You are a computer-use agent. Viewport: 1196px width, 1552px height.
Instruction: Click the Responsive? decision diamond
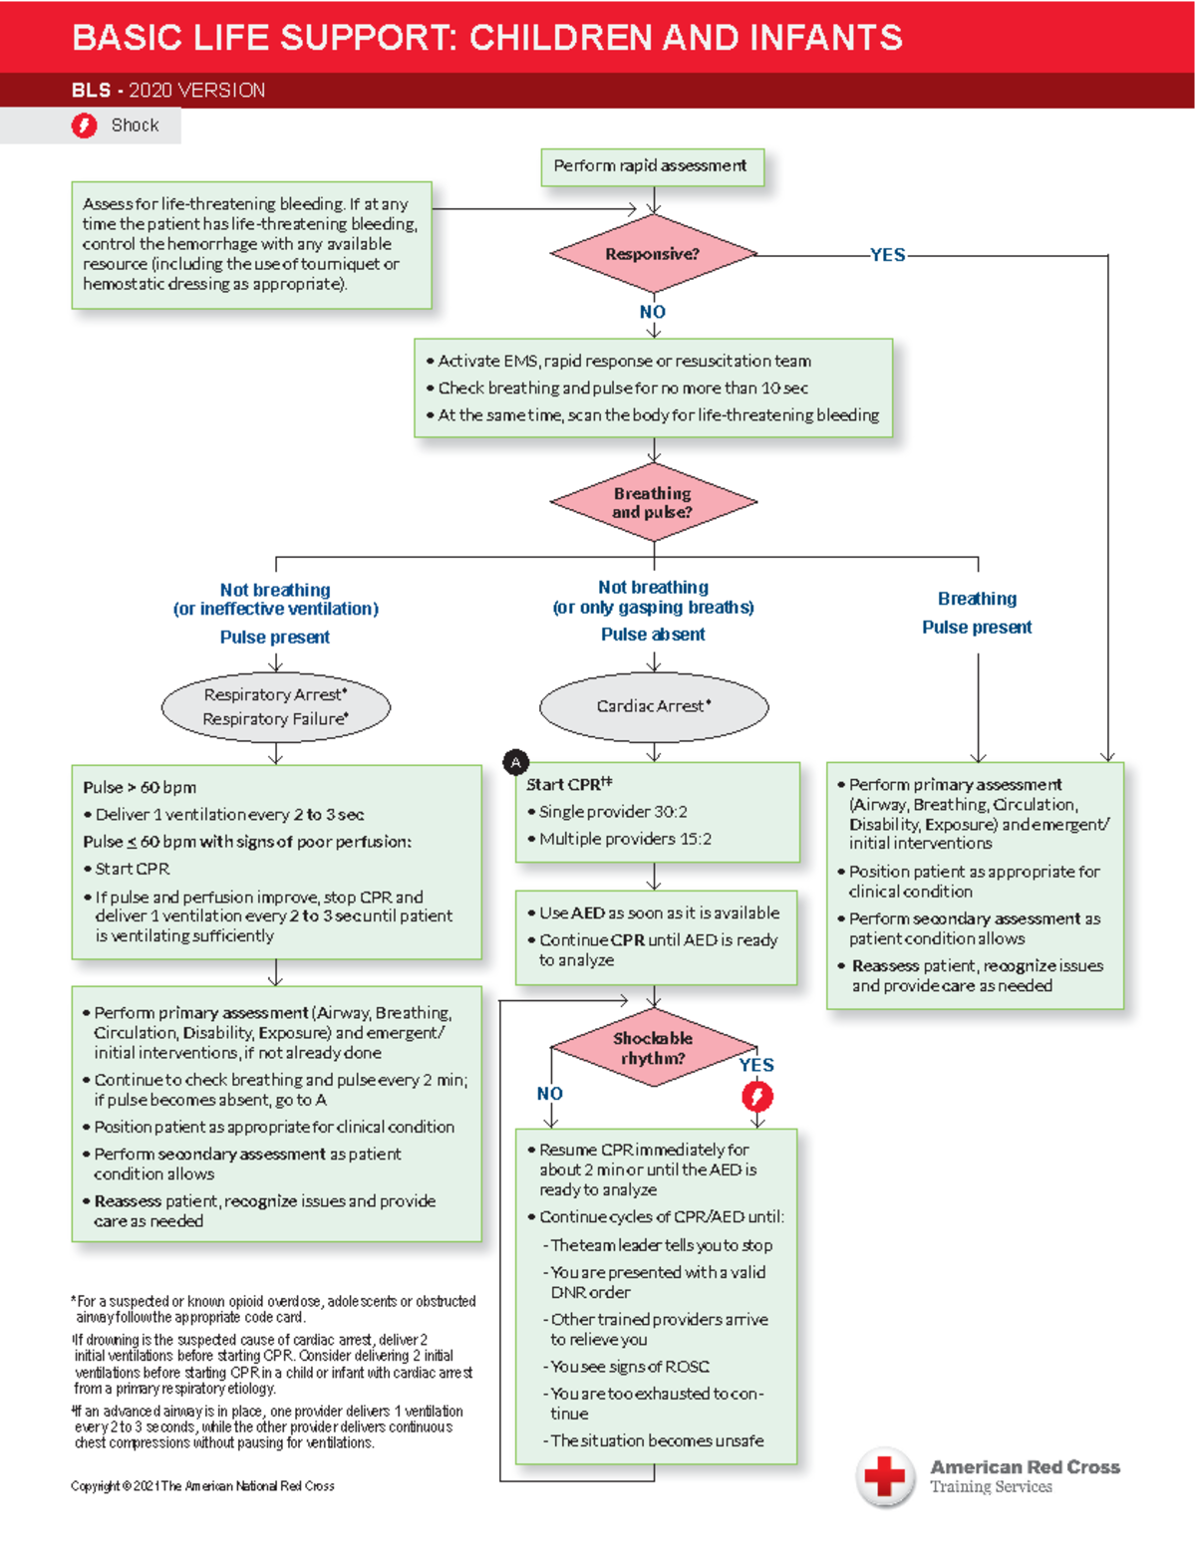click(653, 254)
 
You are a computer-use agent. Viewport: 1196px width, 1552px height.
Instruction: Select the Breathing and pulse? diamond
click(653, 502)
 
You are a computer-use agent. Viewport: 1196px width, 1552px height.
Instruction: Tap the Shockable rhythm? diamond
click(653, 1048)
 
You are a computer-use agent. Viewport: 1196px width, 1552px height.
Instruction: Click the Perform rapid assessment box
click(652, 166)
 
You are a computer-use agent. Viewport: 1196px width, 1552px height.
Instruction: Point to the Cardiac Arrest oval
click(654, 706)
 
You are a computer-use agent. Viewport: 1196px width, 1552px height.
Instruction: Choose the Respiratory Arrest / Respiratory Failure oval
click(276, 706)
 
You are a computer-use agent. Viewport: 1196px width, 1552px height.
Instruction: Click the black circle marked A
click(515, 763)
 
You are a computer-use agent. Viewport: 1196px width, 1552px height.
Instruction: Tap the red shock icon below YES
click(757, 1097)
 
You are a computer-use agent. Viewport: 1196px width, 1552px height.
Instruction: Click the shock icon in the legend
click(85, 126)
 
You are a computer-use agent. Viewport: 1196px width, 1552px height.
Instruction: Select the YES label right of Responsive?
click(887, 255)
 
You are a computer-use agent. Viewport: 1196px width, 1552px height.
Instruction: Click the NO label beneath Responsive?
click(653, 312)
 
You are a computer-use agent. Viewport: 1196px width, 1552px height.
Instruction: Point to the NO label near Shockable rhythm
click(550, 1093)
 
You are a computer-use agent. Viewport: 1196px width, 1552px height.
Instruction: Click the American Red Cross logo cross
click(884, 1475)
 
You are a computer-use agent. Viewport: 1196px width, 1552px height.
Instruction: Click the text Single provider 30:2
click(613, 812)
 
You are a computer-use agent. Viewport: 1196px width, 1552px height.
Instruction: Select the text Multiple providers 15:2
click(625, 839)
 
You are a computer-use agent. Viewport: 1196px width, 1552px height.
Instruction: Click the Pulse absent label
click(653, 635)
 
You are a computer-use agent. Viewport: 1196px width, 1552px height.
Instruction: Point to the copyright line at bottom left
click(202, 1486)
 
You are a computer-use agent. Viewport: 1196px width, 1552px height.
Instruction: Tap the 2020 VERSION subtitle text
click(196, 91)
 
